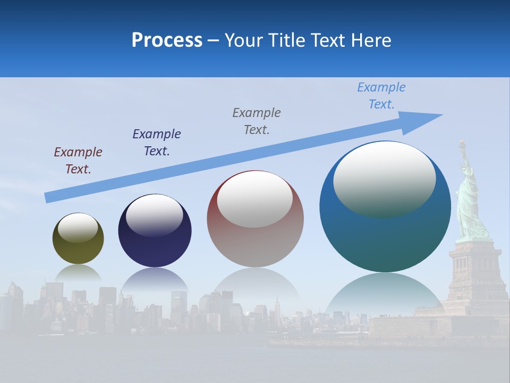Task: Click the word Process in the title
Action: pos(167,40)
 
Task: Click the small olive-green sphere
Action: pos(78,250)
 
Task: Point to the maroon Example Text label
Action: pos(78,160)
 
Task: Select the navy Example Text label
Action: pos(156,142)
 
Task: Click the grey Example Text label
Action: pos(257,121)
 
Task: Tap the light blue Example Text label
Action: pos(381,95)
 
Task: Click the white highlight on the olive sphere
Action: pos(78,227)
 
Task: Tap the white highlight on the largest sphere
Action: pos(384,178)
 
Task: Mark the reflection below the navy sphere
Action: pos(155,279)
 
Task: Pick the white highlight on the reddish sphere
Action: pos(254,199)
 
